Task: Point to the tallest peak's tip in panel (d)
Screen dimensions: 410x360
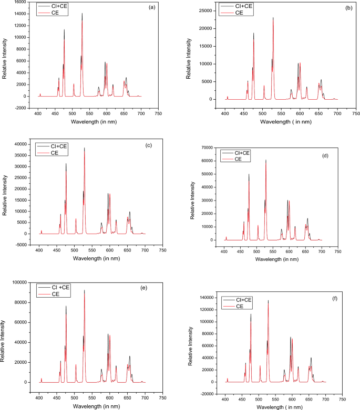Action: tap(266, 160)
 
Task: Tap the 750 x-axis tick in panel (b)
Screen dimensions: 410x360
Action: tap(356, 113)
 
